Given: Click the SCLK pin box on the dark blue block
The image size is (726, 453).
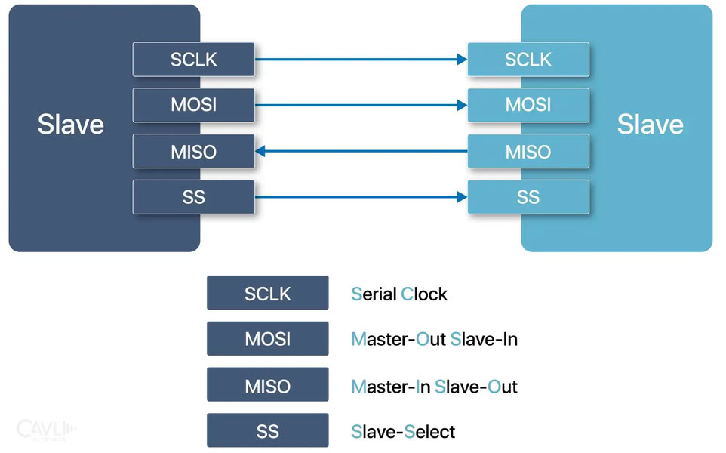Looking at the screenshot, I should coord(193,60).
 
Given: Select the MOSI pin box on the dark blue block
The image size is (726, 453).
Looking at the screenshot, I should coord(193,106).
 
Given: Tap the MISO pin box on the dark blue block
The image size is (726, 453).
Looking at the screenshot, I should coord(193,152).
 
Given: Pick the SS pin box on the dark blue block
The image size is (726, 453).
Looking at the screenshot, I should coord(193,198).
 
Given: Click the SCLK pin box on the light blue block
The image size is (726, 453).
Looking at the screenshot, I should coord(528,60).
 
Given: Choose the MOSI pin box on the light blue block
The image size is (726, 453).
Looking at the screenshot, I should coord(528,106).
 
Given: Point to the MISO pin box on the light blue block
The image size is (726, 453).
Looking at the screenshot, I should coord(528,152).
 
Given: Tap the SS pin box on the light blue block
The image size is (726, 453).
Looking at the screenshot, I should coord(528,198).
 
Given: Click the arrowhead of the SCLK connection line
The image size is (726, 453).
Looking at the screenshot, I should coord(462,60).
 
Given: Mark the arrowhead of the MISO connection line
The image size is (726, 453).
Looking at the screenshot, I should coord(260,152).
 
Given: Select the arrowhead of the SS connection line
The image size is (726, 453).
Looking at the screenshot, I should coord(462,198).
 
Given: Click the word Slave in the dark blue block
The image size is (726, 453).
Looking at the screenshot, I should coord(71,125).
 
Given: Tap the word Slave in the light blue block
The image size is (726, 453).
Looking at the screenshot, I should coord(650,125).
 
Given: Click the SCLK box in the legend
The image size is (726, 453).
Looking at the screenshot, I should coord(267,293).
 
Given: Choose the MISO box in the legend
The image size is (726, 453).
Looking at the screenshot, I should coord(267,386).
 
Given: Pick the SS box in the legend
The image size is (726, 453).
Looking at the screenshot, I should coord(267,432).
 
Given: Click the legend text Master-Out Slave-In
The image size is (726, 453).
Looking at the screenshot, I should coord(434,340).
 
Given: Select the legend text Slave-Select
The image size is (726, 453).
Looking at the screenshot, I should coord(403,433).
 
